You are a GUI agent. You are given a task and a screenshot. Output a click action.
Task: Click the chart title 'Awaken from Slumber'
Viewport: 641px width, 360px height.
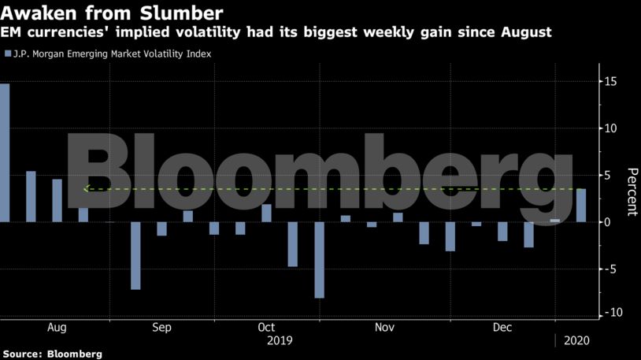(113, 13)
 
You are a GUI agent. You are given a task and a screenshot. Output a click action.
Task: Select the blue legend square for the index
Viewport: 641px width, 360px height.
(8, 54)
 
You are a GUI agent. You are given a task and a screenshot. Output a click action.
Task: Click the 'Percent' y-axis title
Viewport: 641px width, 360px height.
(631, 191)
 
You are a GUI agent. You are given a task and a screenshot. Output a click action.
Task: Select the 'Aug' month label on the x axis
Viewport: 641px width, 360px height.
(57, 327)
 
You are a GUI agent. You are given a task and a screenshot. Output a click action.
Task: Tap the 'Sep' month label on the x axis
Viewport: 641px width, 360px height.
(161, 327)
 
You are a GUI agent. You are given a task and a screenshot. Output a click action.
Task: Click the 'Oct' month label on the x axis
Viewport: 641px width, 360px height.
(265, 327)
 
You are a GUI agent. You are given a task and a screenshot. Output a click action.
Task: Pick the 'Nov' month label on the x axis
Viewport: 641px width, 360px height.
(384, 327)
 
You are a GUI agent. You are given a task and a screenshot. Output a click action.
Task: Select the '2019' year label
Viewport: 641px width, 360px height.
(279, 341)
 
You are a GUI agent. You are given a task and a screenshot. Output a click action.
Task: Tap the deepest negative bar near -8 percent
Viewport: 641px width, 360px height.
(319, 259)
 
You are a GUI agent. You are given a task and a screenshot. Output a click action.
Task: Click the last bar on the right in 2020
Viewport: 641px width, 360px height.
(581, 205)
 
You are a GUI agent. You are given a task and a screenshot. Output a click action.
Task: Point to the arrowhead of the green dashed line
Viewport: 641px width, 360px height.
(85, 189)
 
